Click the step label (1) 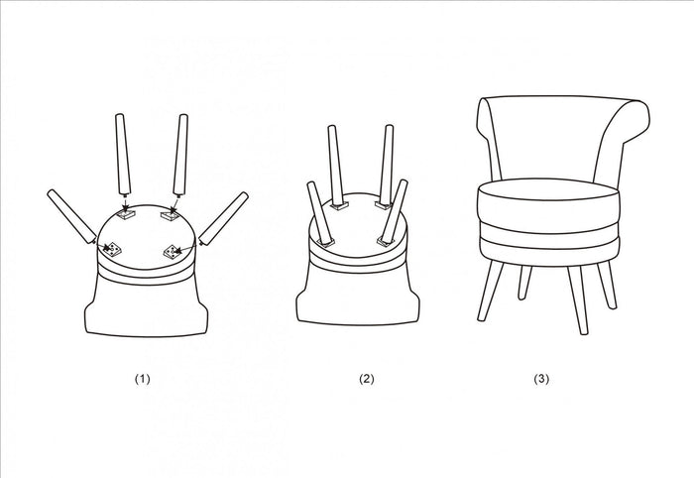pyautogui.click(x=143, y=379)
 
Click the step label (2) pyautogui.click(x=367, y=379)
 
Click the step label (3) pyautogui.click(x=541, y=379)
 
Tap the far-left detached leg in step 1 pyautogui.click(x=71, y=216)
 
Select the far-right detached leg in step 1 pyautogui.click(x=223, y=218)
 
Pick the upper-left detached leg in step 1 pyautogui.click(x=123, y=154)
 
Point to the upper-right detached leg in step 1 pyautogui.click(x=180, y=155)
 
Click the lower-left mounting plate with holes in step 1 pyautogui.click(x=112, y=250)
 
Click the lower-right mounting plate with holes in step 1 pyautogui.click(x=173, y=251)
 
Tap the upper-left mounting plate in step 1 pyautogui.click(x=125, y=215)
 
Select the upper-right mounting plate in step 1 pyautogui.click(x=170, y=215)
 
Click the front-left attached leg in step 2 pyautogui.click(x=321, y=214)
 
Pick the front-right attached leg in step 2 pyautogui.click(x=393, y=212)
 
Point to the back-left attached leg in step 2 pyautogui.click(x=336, y=166)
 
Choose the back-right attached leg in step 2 pyautogui.click(x=387, y=166)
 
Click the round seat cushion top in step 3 pyautogui.click(x=548, y=189)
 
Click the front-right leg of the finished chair pyautogui.click(x=578, y=299)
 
